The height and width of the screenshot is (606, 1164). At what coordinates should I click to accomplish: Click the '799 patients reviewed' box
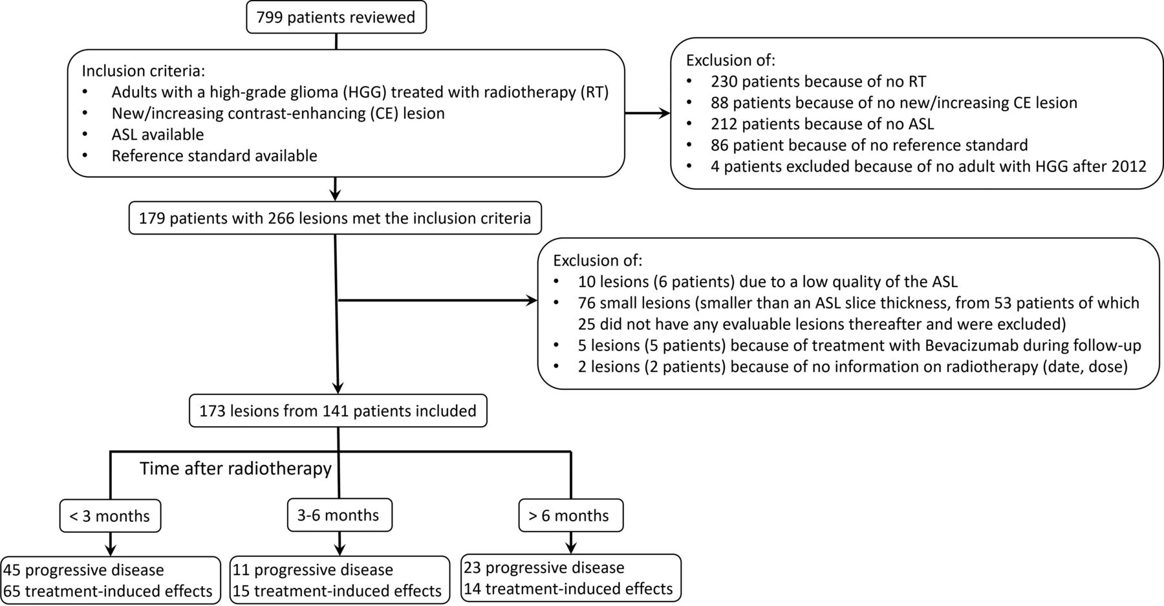coord(336,17)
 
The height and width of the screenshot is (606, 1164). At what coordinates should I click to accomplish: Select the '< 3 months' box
coord(110,516)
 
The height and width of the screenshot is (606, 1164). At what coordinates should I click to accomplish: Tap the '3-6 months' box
coord(339,515)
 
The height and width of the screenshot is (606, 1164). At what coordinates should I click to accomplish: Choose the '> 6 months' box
coord(571,515)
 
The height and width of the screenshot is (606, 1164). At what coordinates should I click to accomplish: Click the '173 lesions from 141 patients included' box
coord(338,411)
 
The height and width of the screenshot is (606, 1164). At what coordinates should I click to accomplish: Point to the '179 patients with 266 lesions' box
coord(335,218)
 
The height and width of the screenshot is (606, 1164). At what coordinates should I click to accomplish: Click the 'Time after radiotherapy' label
coord(235,468)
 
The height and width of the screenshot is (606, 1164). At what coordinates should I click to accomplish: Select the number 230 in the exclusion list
coord(724,81)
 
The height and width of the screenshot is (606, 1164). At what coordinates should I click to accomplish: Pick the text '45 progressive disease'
coord(84,570)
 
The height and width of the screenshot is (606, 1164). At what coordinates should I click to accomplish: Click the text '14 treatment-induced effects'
coord(568,589)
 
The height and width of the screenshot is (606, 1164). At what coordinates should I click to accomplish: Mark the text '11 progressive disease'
coord(313,570)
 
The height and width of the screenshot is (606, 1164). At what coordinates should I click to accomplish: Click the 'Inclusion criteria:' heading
coord(143,71)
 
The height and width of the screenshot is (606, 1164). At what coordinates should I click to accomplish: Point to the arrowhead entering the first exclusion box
coord(664,114)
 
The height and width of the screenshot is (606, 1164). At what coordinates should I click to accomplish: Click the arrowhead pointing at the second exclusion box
coord(531,300)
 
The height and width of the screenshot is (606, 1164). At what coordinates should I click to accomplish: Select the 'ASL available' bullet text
coord(158,135)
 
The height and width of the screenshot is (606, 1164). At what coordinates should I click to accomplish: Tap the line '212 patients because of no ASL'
coord(823,124)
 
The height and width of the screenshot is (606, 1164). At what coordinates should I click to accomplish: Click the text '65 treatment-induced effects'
coord(108,591)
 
